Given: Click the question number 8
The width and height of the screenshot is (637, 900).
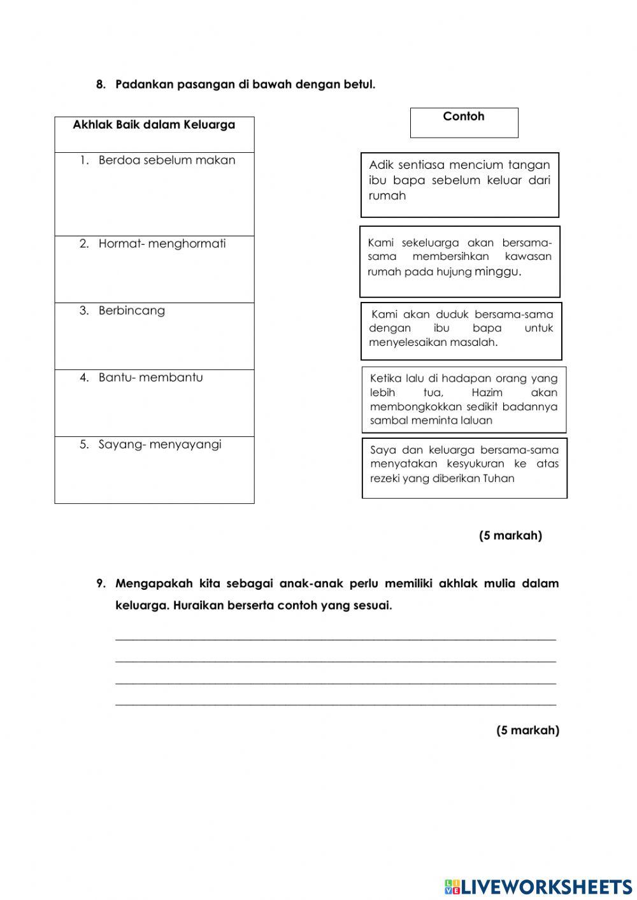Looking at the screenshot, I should coord(101,85).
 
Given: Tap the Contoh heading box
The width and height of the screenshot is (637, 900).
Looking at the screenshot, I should coord(464,122).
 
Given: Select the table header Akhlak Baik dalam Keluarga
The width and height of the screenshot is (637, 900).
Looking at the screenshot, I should coord(154,125).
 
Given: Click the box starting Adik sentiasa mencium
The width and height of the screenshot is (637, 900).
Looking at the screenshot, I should coord(459,184).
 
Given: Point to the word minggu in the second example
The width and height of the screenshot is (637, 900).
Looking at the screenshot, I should coord(497,272).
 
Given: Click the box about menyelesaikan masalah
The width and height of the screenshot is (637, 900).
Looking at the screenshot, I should coord(461,330).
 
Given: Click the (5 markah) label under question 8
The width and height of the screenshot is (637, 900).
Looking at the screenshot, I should coord(510,536).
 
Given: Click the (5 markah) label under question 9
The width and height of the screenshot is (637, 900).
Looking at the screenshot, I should coord(527,731).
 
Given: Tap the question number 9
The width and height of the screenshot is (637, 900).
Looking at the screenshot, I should coord(101,584).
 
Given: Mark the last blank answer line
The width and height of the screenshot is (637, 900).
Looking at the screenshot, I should coord(336,704).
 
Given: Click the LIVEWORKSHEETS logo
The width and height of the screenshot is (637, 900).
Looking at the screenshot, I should coord(538,887).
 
